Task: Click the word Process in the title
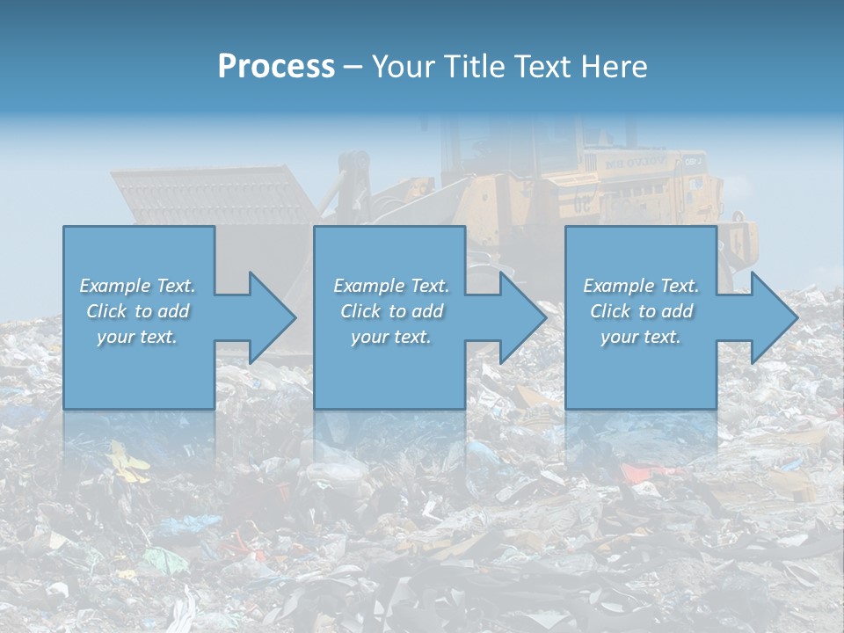276,67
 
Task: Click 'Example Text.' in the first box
138,286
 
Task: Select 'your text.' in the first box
138,337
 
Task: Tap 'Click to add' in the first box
138,311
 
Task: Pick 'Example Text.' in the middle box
391,286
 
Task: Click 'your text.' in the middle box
391,337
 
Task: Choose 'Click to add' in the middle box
391,311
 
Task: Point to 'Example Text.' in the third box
641,286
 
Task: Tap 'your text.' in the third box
641,337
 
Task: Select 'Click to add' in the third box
641,311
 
